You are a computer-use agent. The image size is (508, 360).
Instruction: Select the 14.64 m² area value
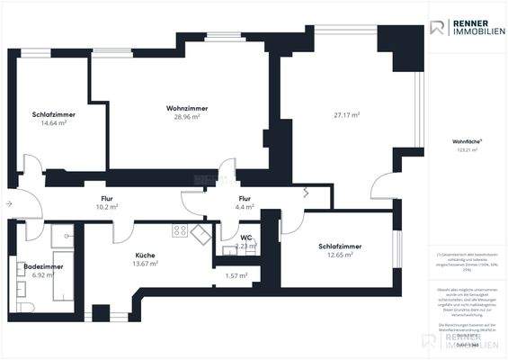tap(53, 123)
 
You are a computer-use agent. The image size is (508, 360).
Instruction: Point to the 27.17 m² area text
tap(346, 115)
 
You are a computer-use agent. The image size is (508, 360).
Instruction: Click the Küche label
tap(145, 255)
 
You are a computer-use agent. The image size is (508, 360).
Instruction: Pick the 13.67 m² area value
tap(145, 263)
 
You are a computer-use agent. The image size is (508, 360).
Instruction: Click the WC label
tap(245, 238)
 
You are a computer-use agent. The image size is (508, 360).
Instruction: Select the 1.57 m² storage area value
tap(236, 275)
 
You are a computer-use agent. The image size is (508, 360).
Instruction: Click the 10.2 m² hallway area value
tap(106, 206)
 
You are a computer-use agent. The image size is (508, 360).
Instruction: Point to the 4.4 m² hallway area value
tap(245, 206)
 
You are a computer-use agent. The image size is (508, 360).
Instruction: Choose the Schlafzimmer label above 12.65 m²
tap(339, 246)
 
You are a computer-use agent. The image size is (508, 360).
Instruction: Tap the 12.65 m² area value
tap(339, 254)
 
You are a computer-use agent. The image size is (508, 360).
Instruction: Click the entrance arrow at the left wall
tap(9, 204)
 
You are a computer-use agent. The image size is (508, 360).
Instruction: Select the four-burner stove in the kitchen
tap(180, 230)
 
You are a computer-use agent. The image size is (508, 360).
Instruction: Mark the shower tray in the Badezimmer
tap(63, 236)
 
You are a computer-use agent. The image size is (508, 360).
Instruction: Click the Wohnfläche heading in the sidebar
tap(466, 142)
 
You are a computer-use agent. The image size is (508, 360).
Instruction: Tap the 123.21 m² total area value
tap(466, 150)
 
